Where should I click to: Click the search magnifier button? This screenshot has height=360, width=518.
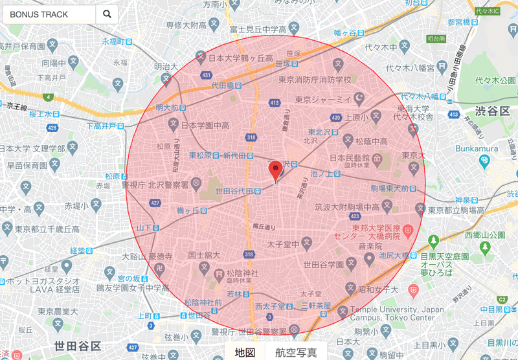click(107, 14)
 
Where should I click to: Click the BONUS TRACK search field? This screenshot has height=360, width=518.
click(49, 14)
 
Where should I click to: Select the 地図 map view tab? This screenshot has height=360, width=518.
click(245, 352)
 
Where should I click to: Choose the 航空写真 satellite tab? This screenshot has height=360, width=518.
click(296, 352)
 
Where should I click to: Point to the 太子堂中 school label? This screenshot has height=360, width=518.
click(282, 244)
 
